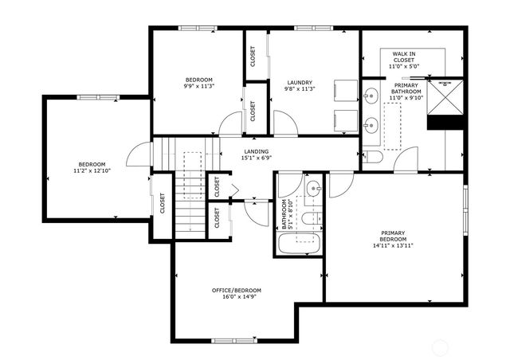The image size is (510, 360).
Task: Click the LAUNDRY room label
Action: pyautogui.click(x=299, y=83)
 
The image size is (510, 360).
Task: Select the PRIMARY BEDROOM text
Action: pyautogui.click(x=396, y=237)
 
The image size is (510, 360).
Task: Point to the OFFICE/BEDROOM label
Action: pyautogui.click(x=236, y=290)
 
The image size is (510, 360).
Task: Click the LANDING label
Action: pyautogui.click(x=257, y=151)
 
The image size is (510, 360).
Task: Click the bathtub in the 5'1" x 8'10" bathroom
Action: pyautogui.click(x=299, y=244)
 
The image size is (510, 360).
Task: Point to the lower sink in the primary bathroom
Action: pyautogui.click(x=369, y=124)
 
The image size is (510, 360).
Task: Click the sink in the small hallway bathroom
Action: pyautogui.click(x=313, y=190)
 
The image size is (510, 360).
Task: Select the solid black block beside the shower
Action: pyautogui.click(x=445, y=123)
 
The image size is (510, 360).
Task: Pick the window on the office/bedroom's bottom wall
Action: pyautogui.click(x=235, y=341)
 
